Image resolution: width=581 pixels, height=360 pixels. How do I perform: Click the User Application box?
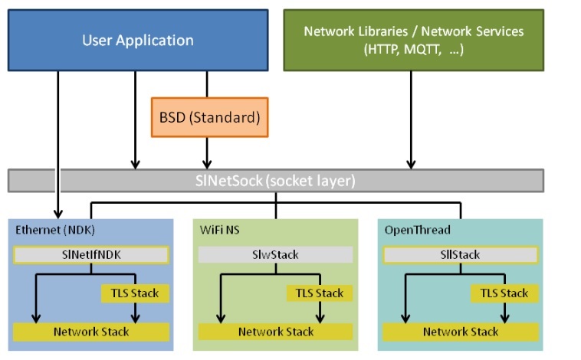[138, 40]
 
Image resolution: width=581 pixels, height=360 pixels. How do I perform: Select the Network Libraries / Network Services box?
[413, 40]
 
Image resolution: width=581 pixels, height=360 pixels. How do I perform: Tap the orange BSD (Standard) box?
[209, 118]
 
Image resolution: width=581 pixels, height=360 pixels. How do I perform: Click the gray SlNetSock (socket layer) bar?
[276, 181]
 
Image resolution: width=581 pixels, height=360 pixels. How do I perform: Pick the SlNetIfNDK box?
[91, 254]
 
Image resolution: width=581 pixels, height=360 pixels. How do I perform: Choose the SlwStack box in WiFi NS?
[276, 254]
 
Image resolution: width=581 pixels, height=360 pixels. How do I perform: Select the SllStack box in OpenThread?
[461, 254]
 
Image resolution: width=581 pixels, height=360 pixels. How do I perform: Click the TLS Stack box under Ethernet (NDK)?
[135, 293]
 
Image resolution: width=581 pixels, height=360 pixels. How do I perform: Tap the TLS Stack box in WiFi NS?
[320, 293]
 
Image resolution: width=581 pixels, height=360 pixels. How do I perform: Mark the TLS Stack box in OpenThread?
[504, 293]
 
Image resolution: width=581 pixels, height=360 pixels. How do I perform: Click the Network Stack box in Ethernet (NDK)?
[91, 332]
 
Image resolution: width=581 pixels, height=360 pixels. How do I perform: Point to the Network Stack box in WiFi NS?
[276, 332]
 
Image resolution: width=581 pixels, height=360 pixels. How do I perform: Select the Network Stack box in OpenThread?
[461, 332]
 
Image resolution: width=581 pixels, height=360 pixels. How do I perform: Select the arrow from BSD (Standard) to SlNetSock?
[207, 153]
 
